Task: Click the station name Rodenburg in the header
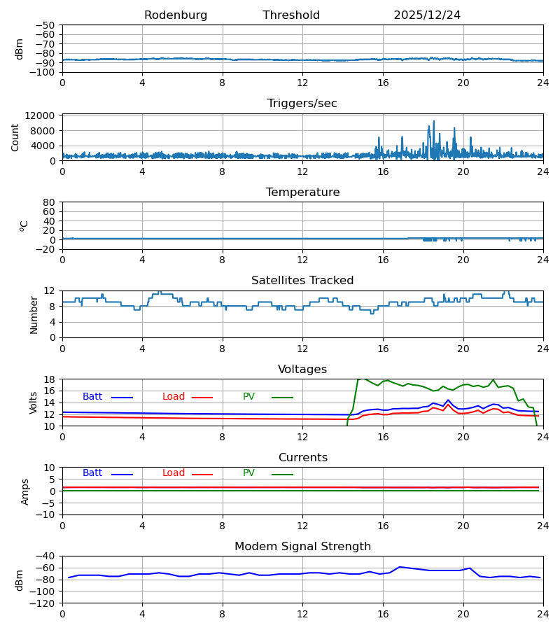coord(176,15)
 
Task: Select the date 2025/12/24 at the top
coord(427,15)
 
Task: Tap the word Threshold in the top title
coord(291,15)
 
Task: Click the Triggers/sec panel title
coord(302,104)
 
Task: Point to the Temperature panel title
coord(302,192)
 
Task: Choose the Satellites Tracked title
coord(302,281)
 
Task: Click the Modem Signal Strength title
coord(302,547)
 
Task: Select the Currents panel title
coord(302,458)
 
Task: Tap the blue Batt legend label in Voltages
coord(92,397)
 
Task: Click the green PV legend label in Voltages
coord(248,397)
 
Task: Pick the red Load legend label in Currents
coord(174,473)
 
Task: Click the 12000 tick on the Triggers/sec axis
coord(44,115)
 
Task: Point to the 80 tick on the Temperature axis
coord(50,202)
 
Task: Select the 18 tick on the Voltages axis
coord(50,379)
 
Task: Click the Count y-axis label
coord(15,138)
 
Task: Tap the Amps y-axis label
coord(25,491)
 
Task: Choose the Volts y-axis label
coord(34,402)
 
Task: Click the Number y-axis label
coord(34,314)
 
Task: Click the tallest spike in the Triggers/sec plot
coord(433,121)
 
